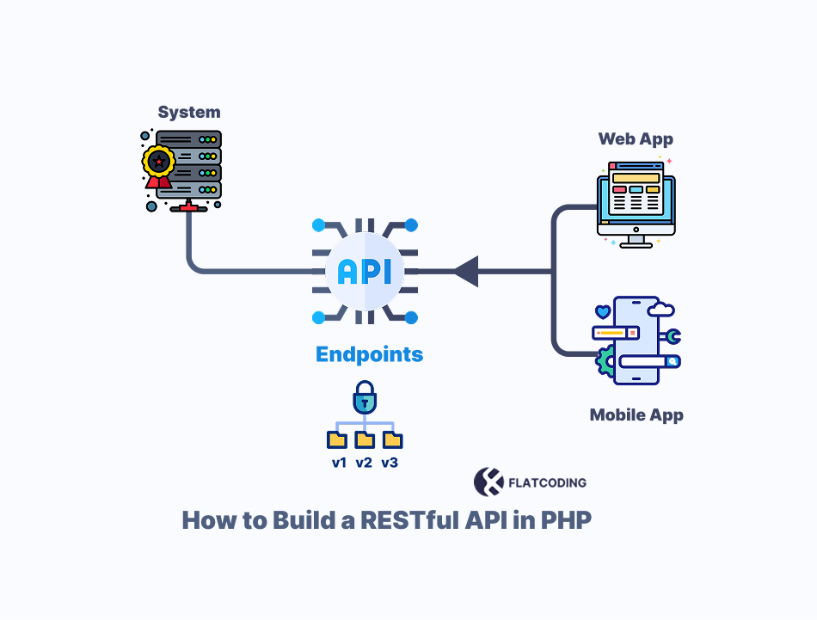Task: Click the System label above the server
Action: (x=188, y=113)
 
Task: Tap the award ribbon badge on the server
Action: (x=157, y=163)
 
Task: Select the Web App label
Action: (x=636, y=138)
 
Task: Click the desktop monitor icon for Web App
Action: (x=636, y=204)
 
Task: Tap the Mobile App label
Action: (x=636, y=415)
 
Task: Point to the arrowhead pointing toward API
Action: (x=466, y=272)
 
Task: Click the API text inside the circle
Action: (x=365, y=272)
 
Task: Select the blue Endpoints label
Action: (x=369, y=354)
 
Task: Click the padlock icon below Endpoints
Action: (x=365, y=399)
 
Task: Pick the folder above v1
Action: (x=337, y=439)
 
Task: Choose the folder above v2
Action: (x=365, y=439)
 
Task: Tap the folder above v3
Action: (x=393, y=439)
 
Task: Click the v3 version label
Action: (x=390, y=463)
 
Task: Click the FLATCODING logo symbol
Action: (x=488, y=482)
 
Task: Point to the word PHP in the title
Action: (x=565, y=521)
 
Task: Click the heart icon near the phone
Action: (x=603, y=311)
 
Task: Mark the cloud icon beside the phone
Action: (x=662, y=309)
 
